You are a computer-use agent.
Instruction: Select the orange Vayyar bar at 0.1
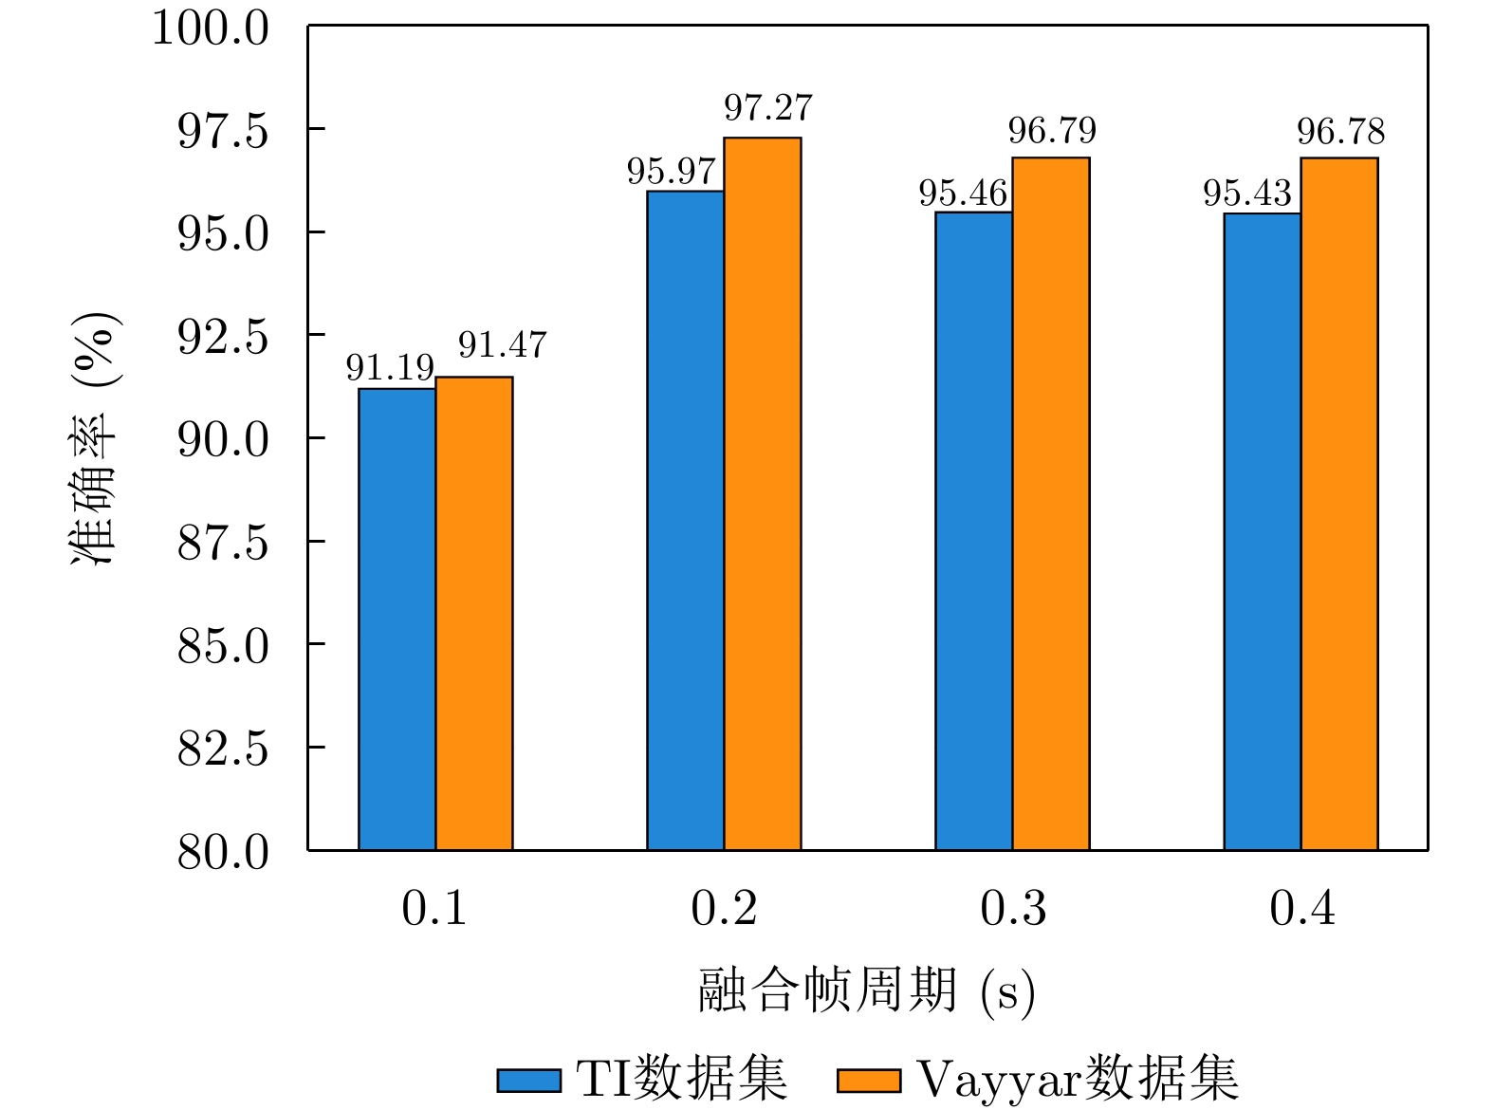pos(474,613)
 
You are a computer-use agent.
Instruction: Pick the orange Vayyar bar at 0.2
pos(763,493)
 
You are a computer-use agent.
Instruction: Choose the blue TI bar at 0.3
pos(973,530)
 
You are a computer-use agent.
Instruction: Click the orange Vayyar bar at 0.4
pos(1339,503)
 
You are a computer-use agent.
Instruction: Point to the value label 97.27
pos(768,108)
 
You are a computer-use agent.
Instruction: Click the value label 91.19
pos(390,367)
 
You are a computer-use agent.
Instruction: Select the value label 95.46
pos(963,194)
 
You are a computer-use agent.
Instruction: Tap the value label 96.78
pos(1341,132)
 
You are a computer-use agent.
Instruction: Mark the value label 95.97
pos(672,172)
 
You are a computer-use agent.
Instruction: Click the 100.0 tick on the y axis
pos(211,28)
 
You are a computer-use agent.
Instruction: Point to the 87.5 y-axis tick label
pos(224,543)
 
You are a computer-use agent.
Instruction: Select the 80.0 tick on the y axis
pos(224,852)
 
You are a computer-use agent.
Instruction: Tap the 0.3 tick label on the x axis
pos(1013,909)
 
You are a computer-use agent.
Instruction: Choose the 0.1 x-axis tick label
pos(434,909)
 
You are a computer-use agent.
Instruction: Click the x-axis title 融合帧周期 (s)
pos(866,991)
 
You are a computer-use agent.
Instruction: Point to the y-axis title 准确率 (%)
pos(95,438)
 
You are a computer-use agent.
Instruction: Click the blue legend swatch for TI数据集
pos(528,1080)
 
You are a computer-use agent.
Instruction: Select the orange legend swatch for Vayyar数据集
pos(868,1080)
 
